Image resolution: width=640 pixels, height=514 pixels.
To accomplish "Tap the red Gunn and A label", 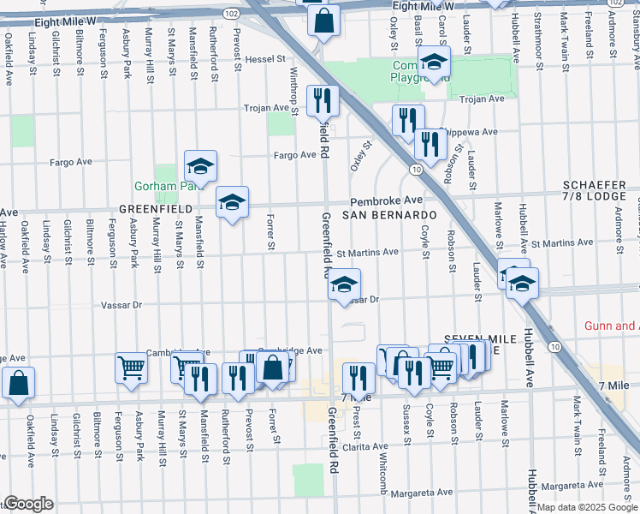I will (610, 326).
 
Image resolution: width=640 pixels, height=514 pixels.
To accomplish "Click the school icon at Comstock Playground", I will (435, 62).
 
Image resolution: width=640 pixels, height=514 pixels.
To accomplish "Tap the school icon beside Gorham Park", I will (200, 164).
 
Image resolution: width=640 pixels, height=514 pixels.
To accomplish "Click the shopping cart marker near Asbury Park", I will (131, 367).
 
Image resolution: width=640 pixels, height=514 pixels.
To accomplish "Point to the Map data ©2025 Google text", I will (586, 507).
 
